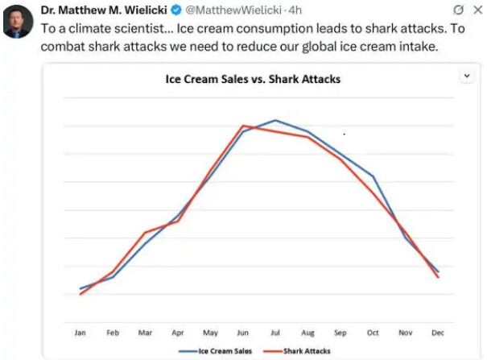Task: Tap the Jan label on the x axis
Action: point(80,332)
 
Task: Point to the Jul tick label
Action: point(275,332)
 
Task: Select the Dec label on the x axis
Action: point(438,332)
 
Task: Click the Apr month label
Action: point(178,332)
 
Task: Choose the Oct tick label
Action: point(373,332)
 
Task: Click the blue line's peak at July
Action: point(275,120)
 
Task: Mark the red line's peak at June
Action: point(243,126)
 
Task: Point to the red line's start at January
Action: point(80,294)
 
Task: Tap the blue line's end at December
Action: point(438,271)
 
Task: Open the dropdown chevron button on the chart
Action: point(466,75)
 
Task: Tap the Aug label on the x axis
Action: point(307,332)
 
